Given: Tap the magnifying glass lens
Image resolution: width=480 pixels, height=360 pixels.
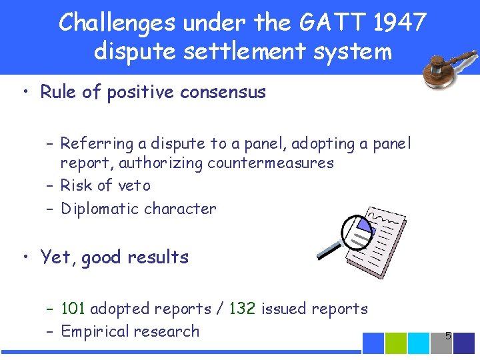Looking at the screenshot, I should pyautogui.click(x=359, y=231).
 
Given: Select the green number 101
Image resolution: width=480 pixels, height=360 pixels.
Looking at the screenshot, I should pyautogui.click(x=73, y=309).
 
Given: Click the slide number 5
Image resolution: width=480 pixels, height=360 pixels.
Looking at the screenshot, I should pyautogui.click(x=448, y=336).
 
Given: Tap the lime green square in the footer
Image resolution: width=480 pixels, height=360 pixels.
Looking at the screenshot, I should pyautogui.click(x=396, y=343).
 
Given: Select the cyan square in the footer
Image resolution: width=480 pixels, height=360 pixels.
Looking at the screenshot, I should pyautogui.click(x=419, y=343).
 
